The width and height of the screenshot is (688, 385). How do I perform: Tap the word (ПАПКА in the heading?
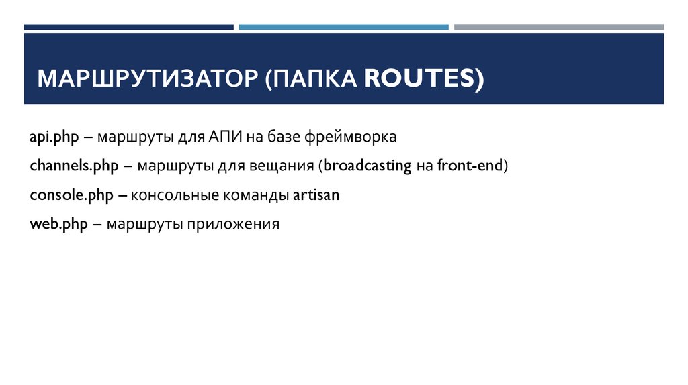coord(312,78)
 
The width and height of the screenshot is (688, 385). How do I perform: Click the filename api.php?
coord(54,137)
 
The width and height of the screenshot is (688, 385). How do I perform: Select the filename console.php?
coord(71,195)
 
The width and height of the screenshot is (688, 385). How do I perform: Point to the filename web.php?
coord(58,224)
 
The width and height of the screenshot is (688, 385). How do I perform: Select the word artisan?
coord(316,195)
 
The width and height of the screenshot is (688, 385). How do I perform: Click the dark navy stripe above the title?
coord(129,27)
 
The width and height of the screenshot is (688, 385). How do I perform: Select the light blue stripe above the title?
coord(343,27)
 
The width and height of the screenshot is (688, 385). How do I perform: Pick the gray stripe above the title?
coord(558,27)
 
